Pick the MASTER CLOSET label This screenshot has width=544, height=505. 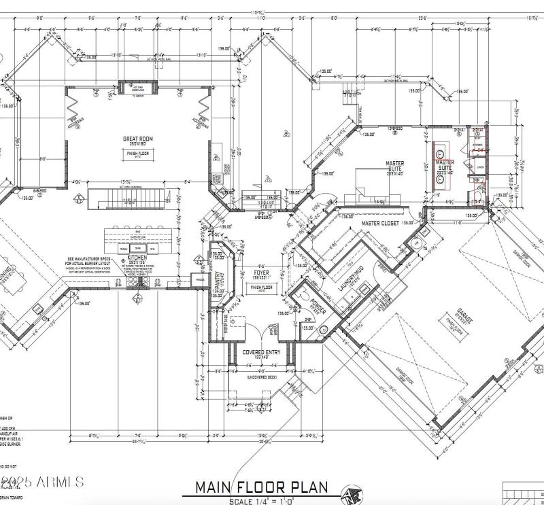coord(379,223)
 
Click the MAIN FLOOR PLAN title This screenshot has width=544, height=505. coord(262,487)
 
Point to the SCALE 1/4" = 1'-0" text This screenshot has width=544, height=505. coord(262,501)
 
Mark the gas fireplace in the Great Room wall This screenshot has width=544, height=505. coord(139,87)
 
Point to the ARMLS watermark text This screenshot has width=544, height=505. coord(42,482)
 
